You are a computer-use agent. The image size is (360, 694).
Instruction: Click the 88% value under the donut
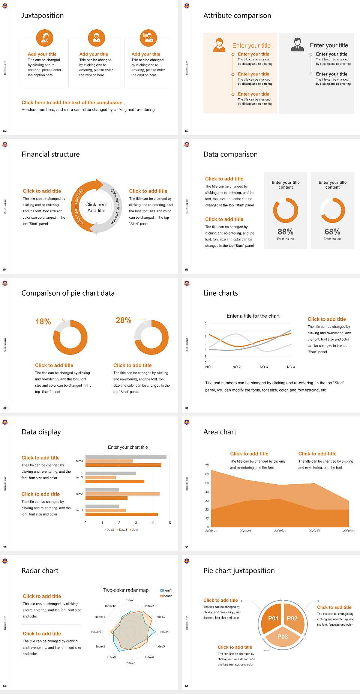click(285, 232)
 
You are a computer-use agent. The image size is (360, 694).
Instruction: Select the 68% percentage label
click(332, 232)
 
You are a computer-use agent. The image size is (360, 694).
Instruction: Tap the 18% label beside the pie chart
click(43, 321)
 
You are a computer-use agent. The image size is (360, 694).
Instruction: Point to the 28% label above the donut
click(123, 320)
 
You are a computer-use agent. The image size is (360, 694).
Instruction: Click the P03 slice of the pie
click(283, 637)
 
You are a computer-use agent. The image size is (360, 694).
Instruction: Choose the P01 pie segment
click(273, 618)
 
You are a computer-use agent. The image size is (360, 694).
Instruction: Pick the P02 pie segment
click(292, 618)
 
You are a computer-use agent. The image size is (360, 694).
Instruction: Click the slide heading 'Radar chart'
click(40, 571)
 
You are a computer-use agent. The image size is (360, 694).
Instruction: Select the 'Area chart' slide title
click(220, 432)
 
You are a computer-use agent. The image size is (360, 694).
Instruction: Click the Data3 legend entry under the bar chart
click(109, 530)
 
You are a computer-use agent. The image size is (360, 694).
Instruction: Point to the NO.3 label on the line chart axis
click(264, 367)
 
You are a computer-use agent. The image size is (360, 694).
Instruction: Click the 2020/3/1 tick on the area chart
click(280, 531)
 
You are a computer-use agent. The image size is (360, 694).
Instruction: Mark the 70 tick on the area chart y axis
click(207, 466)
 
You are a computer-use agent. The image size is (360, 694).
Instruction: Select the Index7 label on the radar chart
click(130, 663)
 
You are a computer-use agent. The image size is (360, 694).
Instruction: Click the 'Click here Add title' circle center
click(96, 207)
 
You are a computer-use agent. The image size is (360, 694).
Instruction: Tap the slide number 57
click(187, 408)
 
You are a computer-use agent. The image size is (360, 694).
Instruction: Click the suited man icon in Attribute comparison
click(297, 45)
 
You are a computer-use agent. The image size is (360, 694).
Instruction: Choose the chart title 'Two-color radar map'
click(126, 590)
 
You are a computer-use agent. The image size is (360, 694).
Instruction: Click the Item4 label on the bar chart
click(79, 461)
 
